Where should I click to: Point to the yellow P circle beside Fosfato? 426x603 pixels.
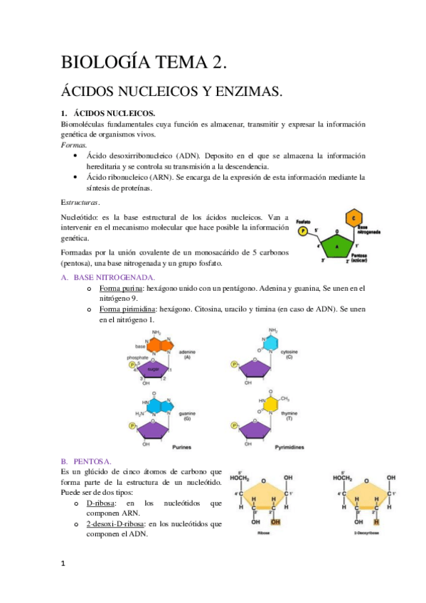pos(304,232)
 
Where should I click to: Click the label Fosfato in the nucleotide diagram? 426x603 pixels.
pos(304,220)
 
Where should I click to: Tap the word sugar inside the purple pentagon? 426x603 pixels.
pos(153,370)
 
